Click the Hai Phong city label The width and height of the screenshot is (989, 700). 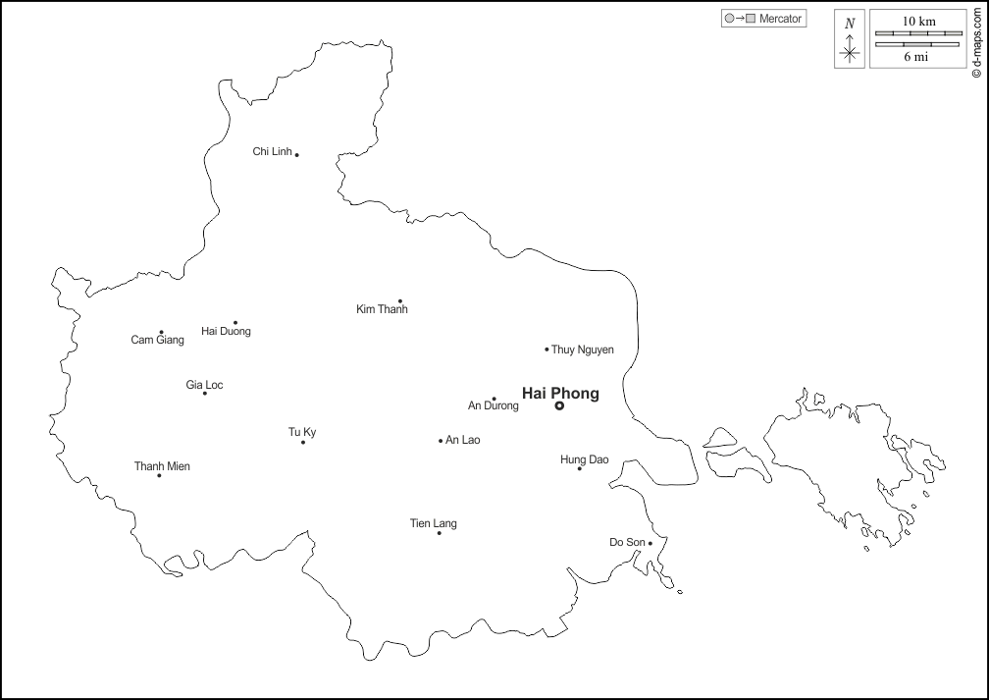[560, 393]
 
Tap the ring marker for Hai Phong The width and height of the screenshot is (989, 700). [559, 405]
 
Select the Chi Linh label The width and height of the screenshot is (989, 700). [272, 151]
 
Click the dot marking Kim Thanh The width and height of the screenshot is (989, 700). [400, 300]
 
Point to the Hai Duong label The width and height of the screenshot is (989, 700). [226, 331]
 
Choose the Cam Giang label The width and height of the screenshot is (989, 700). [157, 340]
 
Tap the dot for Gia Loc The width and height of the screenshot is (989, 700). [204, 394]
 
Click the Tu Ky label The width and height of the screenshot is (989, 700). [302, 432]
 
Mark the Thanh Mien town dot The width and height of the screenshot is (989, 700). [159, 475]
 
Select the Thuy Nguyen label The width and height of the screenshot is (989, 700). [583, 350]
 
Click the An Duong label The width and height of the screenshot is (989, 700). [493, 405]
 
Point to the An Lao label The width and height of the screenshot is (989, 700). [462, 440]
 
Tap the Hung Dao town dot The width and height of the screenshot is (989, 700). [579, 468]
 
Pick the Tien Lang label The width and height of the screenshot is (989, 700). [433, 523]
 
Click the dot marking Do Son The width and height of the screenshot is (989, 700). [650, 543]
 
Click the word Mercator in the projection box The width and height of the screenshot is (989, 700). [781, 19]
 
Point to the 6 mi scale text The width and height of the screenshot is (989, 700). [916, 57]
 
